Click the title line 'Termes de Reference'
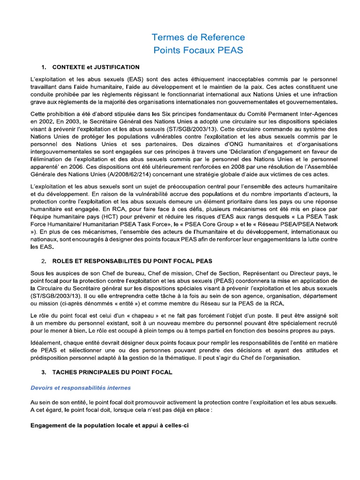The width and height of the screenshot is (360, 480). pos(198,37)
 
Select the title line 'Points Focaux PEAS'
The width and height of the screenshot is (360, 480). pos(198,50)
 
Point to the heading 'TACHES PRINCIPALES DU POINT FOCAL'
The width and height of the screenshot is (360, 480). pos(112,372)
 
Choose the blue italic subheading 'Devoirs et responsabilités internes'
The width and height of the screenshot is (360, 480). pos(81,388)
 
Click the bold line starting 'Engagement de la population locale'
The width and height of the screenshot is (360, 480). pos(109,426)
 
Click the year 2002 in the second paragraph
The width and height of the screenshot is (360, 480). pos(48,122)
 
